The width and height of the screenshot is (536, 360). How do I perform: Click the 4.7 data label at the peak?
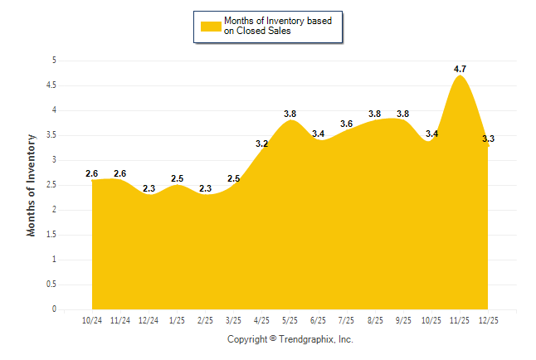(x=460, y=69)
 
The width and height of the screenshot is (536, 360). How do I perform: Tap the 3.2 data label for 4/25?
(x=262, y=144)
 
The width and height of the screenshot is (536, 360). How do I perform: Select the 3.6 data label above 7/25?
(x=347, y=124)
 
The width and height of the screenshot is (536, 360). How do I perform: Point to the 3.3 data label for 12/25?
(x=488, y=139)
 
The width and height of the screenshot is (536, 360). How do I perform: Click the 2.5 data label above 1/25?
(x=177, y=178)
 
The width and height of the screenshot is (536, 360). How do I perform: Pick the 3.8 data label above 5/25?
(x=290, y=114)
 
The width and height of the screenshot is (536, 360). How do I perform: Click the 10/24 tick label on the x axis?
(x=92, y=319)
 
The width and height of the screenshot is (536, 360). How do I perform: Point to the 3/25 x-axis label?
(x=234, y=319)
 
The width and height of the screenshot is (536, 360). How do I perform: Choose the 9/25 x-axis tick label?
(x=403, y=319)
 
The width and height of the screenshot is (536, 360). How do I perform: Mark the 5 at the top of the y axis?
(x=54, y=61)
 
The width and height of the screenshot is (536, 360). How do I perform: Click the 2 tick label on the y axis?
(x=54, y=210)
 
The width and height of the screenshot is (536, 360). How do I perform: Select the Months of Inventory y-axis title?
(x=32, y=185)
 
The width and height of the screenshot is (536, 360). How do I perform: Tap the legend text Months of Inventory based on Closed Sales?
(x=279, y=26)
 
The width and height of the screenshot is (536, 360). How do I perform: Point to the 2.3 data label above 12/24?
(x=149, y=188)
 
